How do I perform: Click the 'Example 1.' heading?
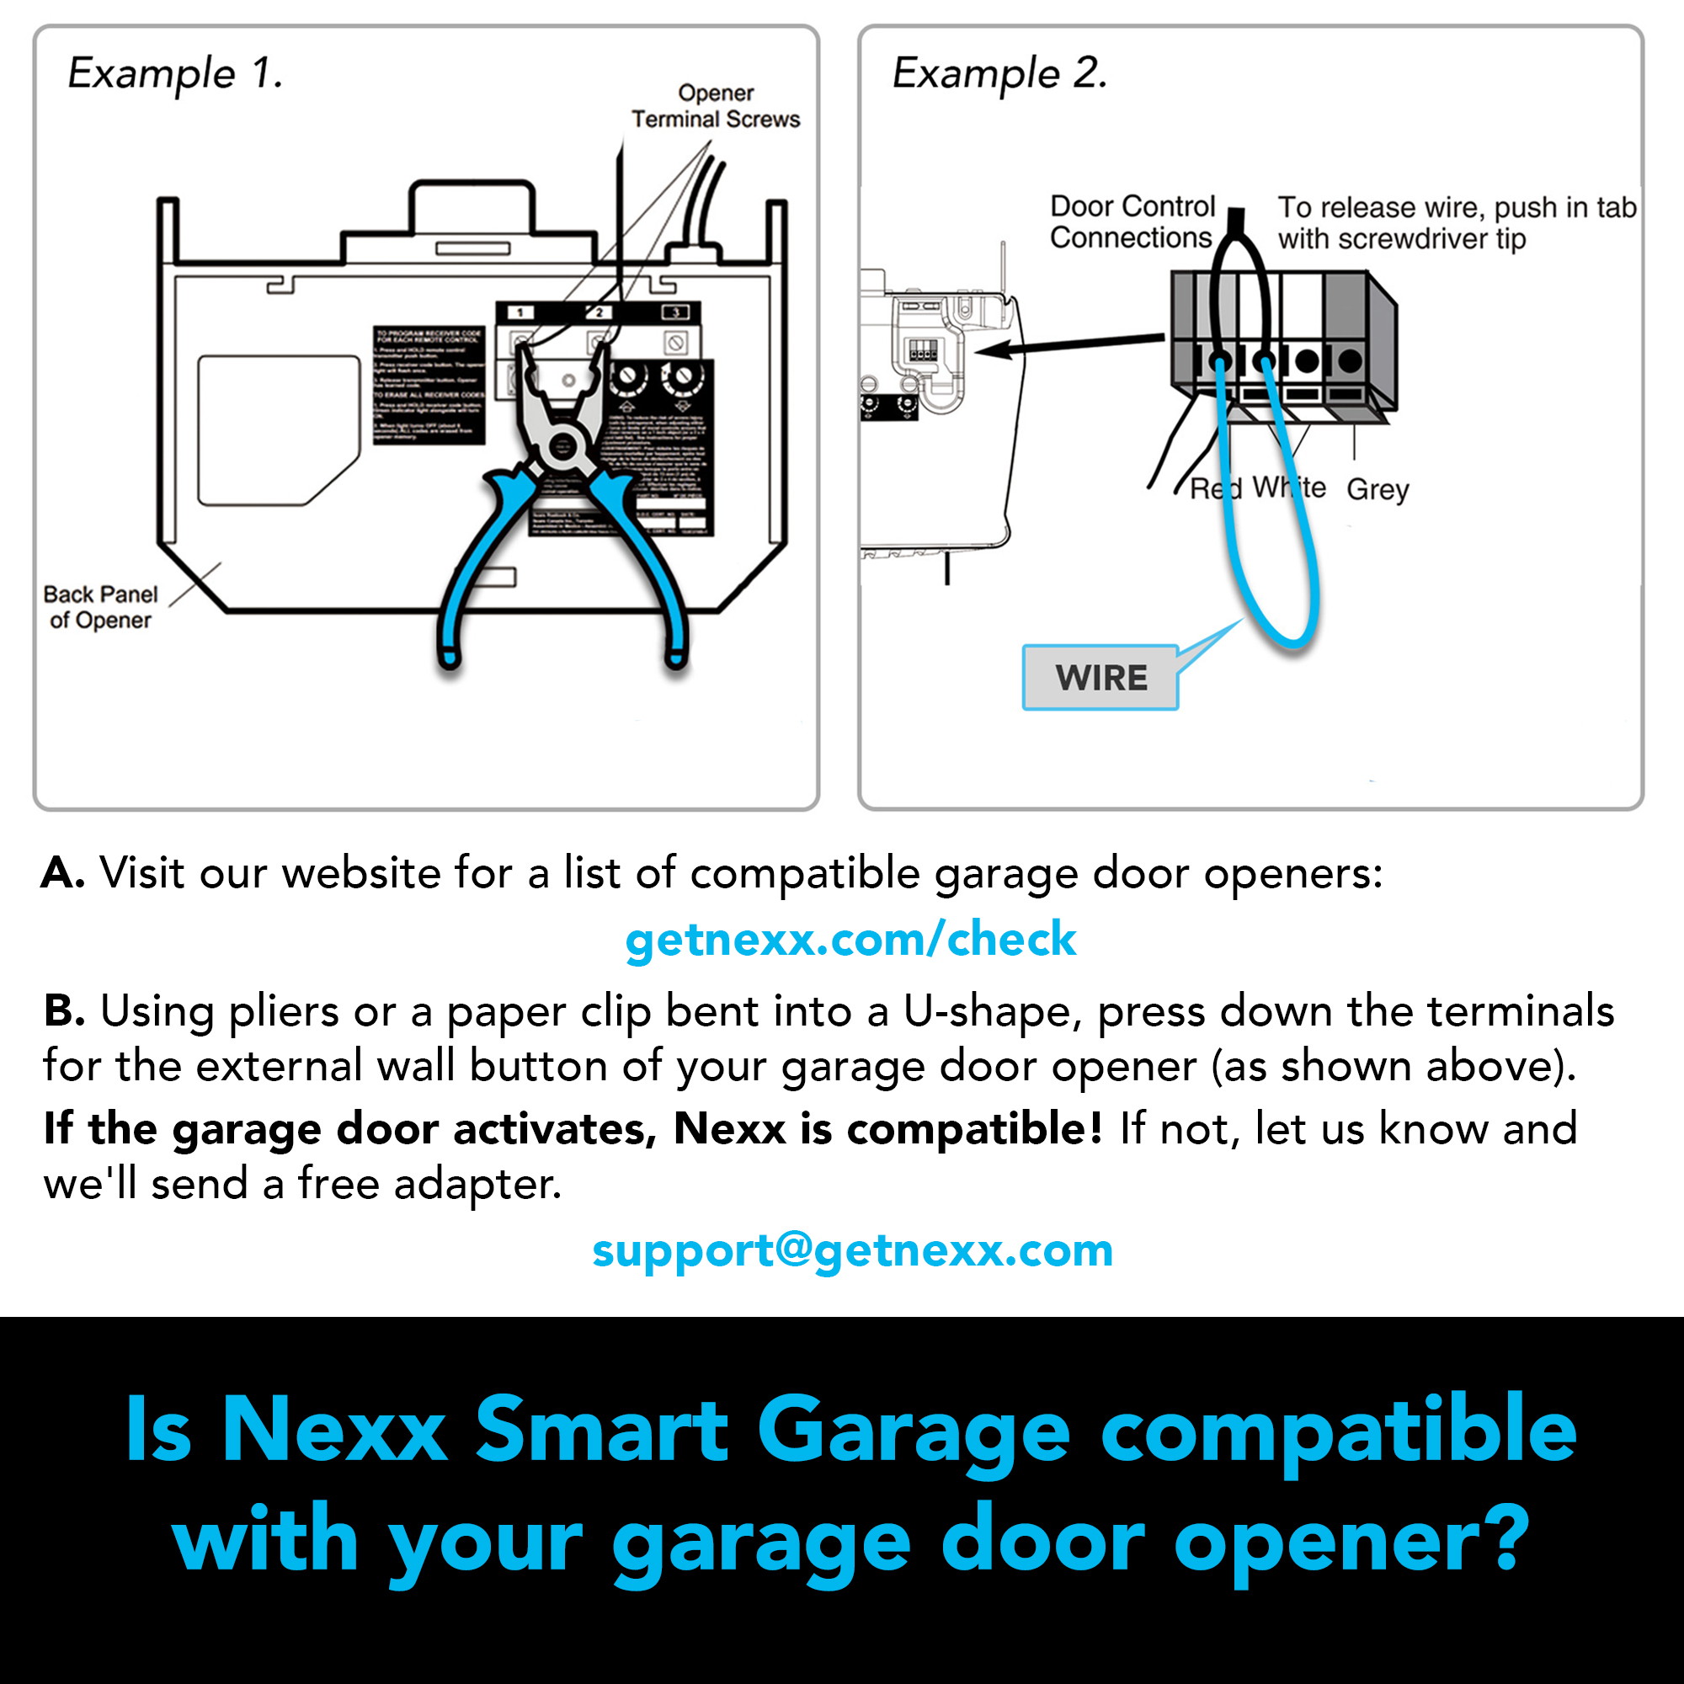175,73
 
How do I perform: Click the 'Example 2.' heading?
999,73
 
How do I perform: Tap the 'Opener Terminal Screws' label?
715,106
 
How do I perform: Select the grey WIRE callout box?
1100,677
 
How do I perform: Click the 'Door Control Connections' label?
1132,222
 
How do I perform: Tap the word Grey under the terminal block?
1377,489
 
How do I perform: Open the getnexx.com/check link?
850,939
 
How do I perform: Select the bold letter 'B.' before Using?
64,1011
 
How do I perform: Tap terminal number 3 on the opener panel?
675,313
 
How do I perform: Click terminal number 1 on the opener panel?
520,313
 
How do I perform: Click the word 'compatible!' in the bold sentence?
974,1128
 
